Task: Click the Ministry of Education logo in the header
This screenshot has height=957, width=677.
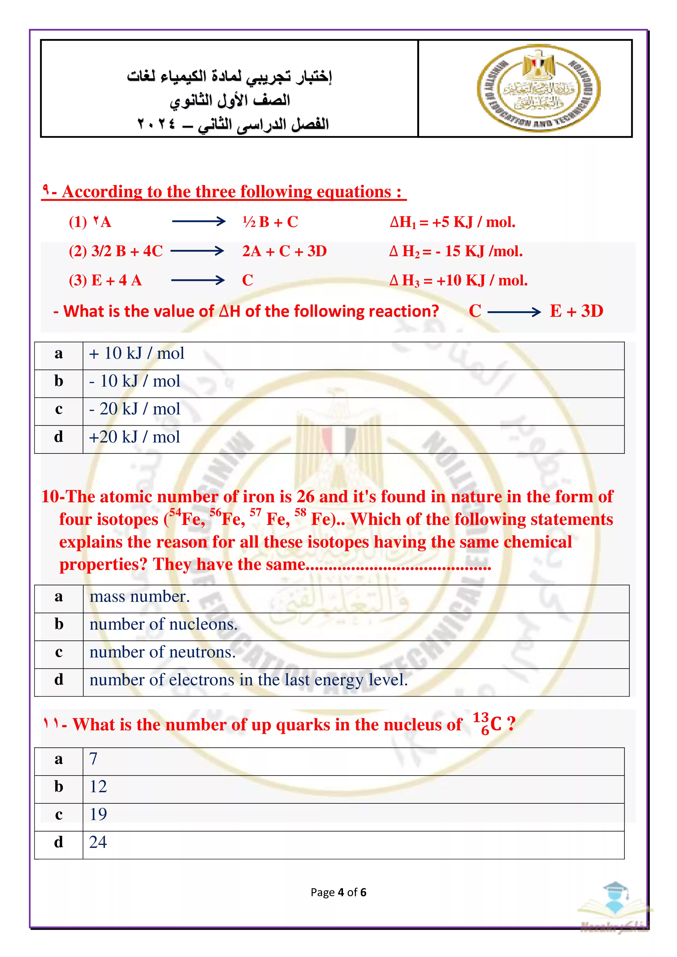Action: point(539,88)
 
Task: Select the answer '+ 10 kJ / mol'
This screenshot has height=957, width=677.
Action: point(136,354)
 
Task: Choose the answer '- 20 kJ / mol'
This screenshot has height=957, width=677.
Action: point(134,409)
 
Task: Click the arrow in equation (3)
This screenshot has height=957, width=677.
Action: point(198,280)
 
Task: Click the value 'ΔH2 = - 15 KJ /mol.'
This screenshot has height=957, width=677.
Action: point(456,251)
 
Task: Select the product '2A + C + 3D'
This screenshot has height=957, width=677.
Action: point(284,251)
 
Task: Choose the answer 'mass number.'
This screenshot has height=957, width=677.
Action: point(140,596)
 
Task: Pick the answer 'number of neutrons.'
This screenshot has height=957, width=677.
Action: point(163,652)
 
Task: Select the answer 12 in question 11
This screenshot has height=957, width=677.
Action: point(99,786)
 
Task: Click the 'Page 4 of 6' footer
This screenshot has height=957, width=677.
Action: point(338,892)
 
